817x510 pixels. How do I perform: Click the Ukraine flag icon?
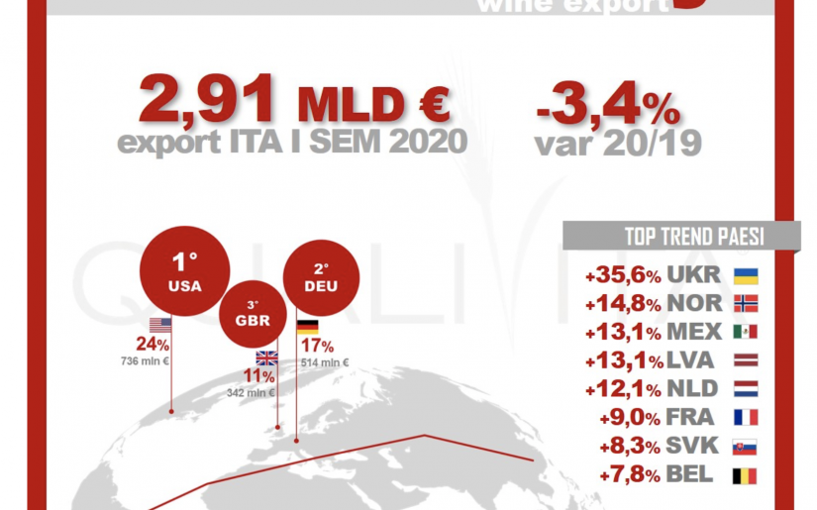click(x=746, y=275)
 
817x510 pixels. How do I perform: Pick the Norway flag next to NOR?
click(x=746, y=303)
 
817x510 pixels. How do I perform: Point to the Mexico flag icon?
click(x=746, y=332)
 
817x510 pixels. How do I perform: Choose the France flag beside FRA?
click(x=746, y=418)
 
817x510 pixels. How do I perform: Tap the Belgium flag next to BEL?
click(x=746, y=475)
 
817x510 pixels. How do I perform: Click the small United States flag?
click(x=160, y=324)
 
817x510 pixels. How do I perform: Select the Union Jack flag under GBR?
click(x=267, y=359)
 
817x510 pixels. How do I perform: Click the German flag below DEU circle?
click(x=308, y=326)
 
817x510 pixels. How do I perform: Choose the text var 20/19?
click(x=619, y=145)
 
